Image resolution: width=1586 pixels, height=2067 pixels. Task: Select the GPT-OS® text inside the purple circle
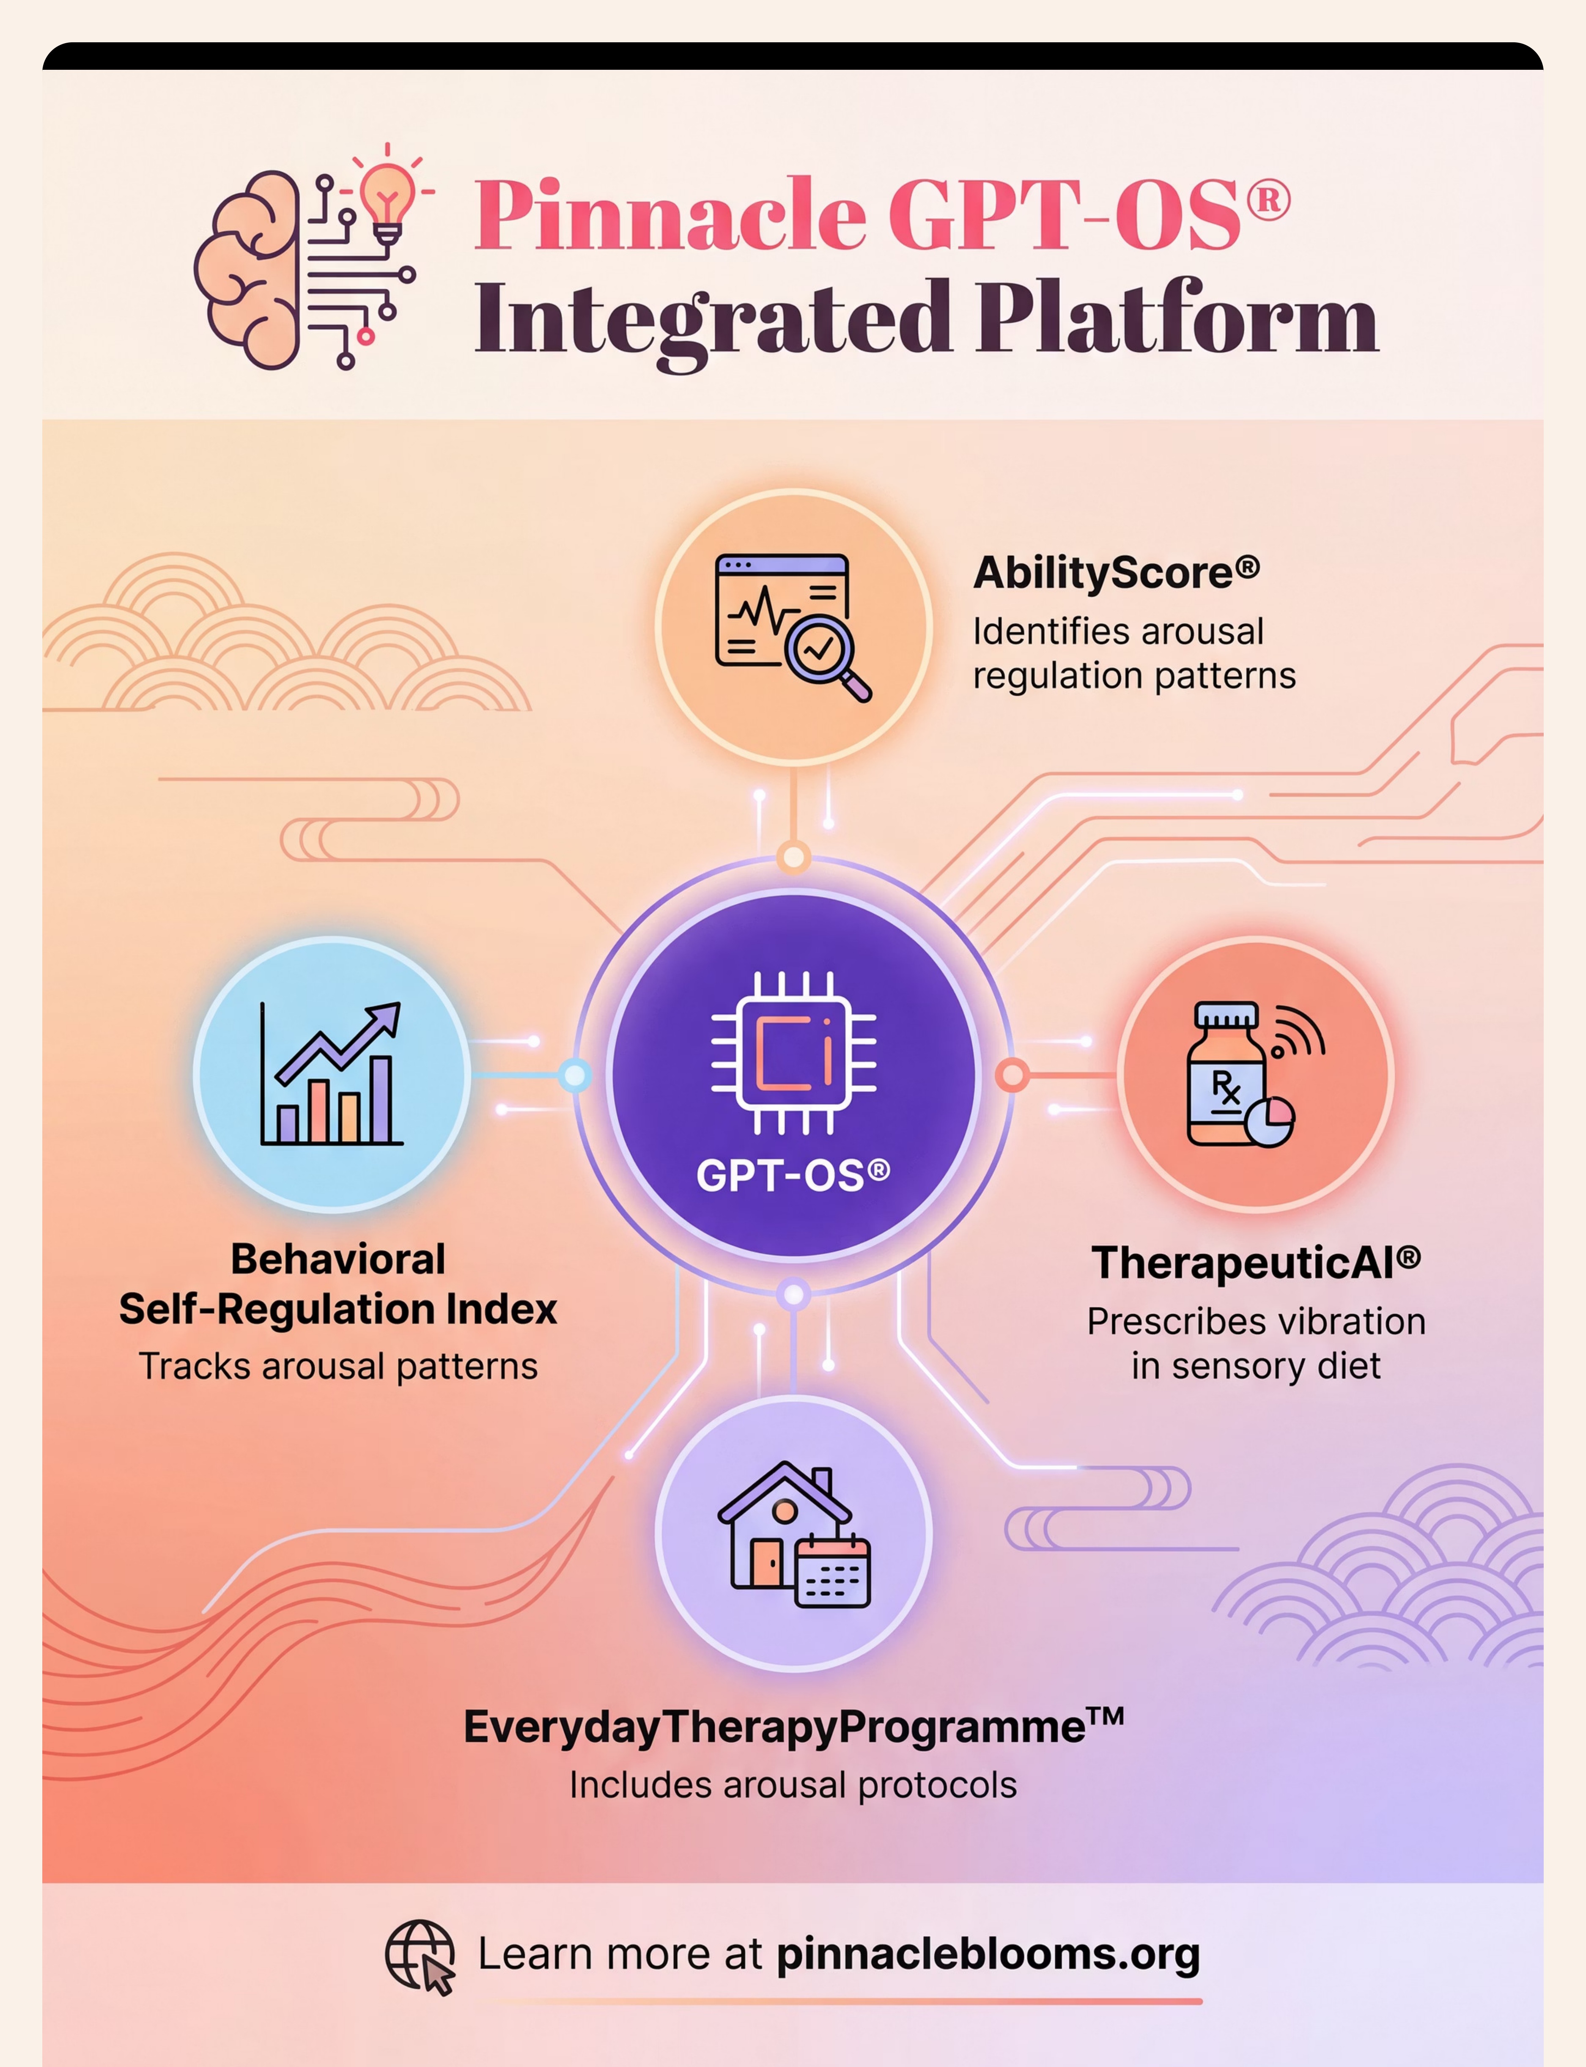click(x=793, y=1175)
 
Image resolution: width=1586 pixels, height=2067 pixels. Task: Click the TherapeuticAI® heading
click(x=1256, y=1263)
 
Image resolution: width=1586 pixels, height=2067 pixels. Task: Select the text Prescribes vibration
click(x=1256, y=1321)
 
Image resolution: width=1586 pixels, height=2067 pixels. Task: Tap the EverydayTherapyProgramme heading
click(x=793, y=1727)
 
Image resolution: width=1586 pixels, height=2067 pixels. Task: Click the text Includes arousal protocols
click(x=793, y=1786)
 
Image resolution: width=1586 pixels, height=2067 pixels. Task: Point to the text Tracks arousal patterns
click(x=338, y=1367)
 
